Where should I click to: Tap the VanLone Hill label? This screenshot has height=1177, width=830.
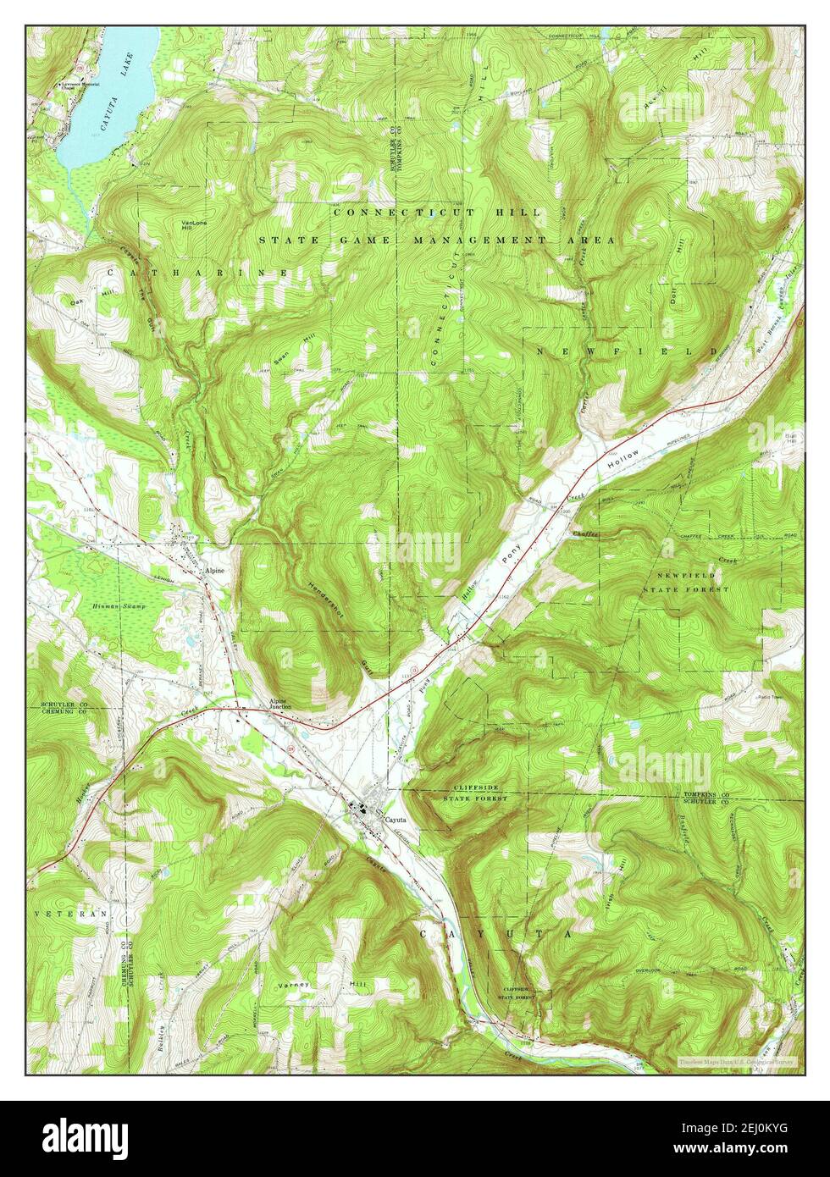tap(190, 226)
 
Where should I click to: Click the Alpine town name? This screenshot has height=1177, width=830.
tap(214, 571)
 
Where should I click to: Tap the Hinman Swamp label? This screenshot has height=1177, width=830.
tap(119, 607)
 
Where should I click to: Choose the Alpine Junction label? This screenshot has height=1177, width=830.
tap(280, 705)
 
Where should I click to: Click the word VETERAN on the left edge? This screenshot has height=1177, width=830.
tap(70, 915)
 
